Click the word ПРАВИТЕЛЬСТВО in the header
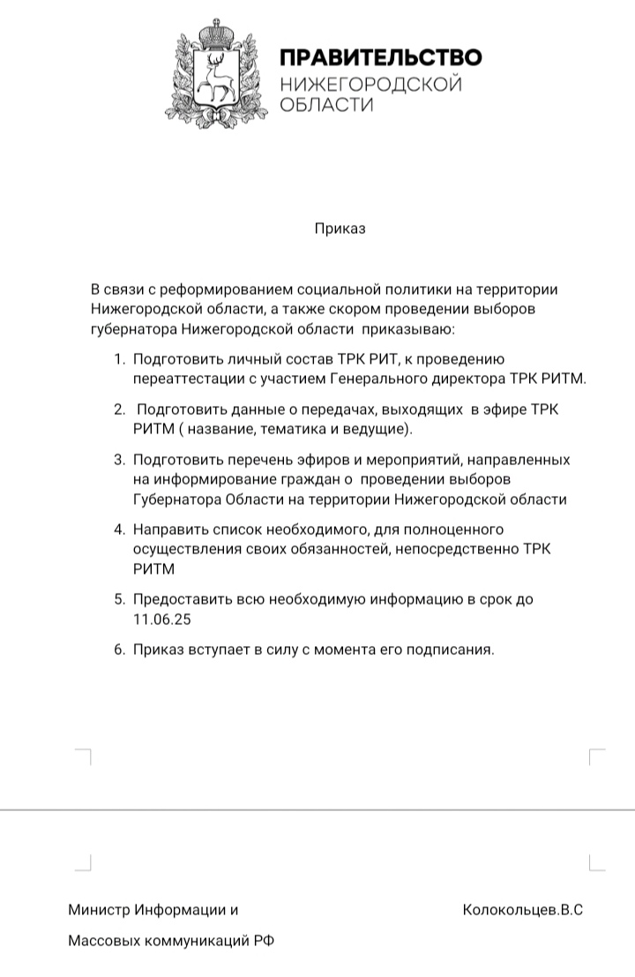(380, 59)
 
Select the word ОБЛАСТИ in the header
(326, 105)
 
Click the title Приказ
(340, 229)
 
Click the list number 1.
(118, 359)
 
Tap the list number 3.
(119, 460)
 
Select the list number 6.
(119, 650)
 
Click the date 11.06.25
(162, 619)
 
